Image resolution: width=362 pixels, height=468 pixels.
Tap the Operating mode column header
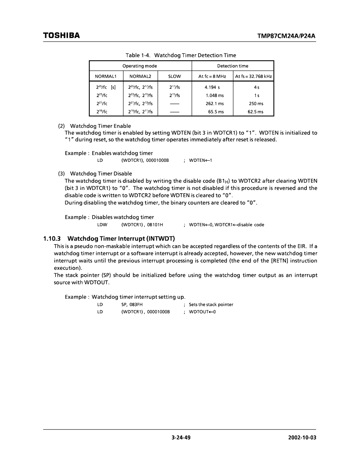(140, 66)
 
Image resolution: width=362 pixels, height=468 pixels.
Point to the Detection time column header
(233, 66)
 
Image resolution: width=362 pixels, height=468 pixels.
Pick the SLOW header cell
(174, 77)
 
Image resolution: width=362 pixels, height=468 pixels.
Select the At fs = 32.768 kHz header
(253, 77)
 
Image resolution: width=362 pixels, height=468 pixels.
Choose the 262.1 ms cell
(215, 104)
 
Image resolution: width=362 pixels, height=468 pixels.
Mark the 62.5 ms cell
(255, 112)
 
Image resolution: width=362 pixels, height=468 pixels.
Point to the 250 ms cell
(256, 104)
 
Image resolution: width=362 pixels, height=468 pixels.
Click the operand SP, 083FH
(132, 305)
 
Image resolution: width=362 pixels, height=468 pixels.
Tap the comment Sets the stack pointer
(211, 305)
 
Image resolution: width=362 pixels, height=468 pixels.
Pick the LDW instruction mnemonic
(101, 225)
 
